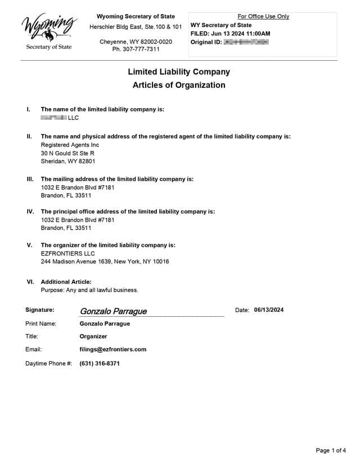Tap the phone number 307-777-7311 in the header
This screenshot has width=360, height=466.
point(136,50)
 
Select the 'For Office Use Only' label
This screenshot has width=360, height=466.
point(263,16)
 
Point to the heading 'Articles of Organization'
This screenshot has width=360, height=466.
point(179,86)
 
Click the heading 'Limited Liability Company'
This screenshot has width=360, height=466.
point(179,72)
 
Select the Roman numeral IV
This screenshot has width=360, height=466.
point(30,212)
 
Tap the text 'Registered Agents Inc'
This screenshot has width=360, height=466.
point(70,145)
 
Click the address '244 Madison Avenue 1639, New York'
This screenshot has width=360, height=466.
point(105,262)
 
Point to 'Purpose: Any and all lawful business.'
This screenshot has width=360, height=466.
point(89,290)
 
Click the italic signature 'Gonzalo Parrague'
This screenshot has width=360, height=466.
point(113,311)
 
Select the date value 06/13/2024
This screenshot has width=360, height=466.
point(269,310)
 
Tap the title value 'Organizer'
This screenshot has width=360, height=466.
point(93,337)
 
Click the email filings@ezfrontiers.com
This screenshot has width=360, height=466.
point(113,349)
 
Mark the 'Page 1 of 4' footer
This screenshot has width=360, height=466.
point(331,450)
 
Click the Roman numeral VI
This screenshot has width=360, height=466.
point(30,282)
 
